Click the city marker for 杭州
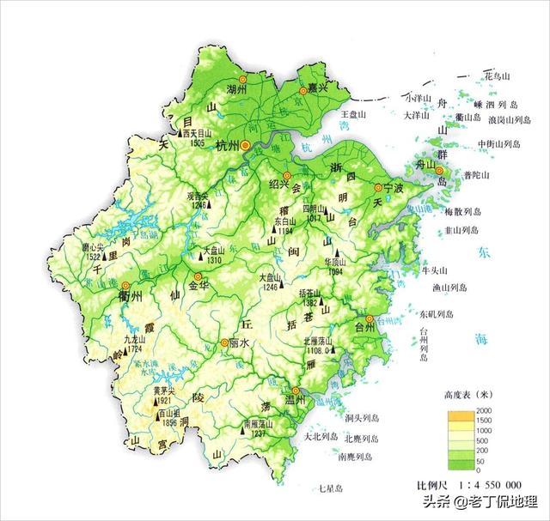pyautogui.click(x=246, y=146)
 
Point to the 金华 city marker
pyautogui.click(x=199, y=277)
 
